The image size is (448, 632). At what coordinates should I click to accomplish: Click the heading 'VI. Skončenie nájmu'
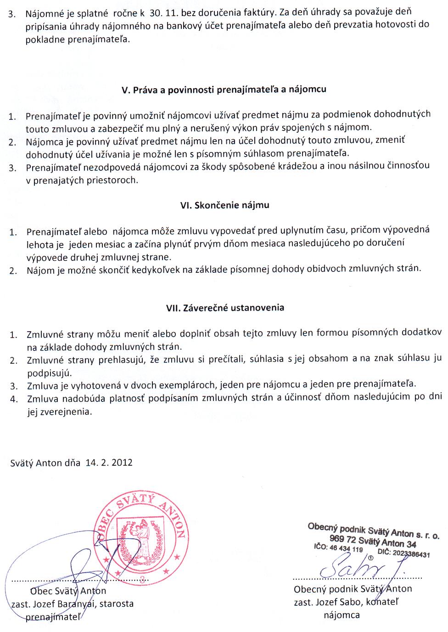click(224, 205)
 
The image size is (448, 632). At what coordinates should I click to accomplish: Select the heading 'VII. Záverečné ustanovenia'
click(225, 308)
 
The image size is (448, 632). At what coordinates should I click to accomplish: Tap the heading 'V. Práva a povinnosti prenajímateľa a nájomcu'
click(224, 90)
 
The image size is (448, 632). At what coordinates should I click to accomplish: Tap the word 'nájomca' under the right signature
click(342, 615)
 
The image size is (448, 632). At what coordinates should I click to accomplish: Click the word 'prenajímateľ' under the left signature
click(53, 617)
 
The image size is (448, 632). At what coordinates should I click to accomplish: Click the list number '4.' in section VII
click(13, 399)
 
